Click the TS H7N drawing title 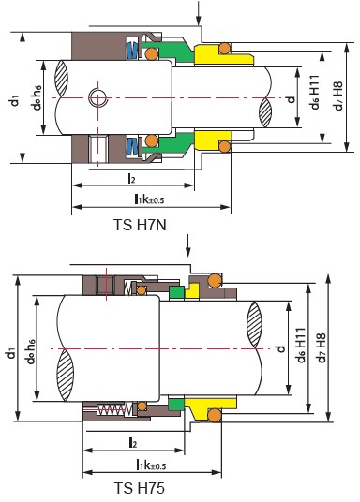coord(140,225)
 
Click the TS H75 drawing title coord(140,488)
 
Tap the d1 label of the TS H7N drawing coord(14,100)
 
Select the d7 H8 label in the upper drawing coord(338,96)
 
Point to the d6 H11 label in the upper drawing coord(315,93)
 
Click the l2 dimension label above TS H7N coord(131,178)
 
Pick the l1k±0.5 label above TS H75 coord(151,465)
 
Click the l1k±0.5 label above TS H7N coord(149,199)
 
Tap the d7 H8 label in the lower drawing coord(322,348)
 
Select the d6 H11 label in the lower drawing coord(301,345)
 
